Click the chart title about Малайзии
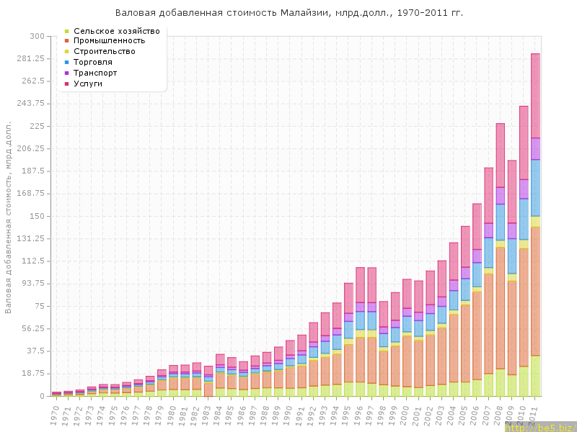(x=288, y=12)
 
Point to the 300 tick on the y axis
(x=36, y=36)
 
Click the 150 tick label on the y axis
(x=36, y=216)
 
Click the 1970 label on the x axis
(x=56, y=413)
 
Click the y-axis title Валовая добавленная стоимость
(x=9, y=216)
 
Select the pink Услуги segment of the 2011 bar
(x=535, y=95)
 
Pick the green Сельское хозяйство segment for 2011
(x=535, y=375)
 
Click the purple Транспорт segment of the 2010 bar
(x=524, y=189)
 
